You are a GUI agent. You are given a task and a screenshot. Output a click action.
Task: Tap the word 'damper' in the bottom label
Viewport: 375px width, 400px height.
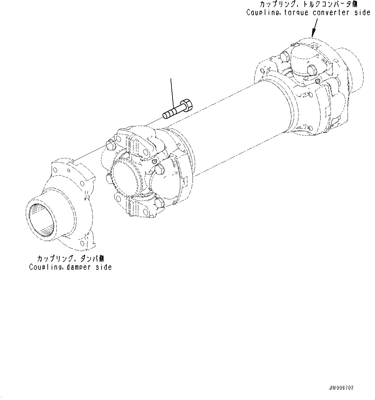81,267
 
